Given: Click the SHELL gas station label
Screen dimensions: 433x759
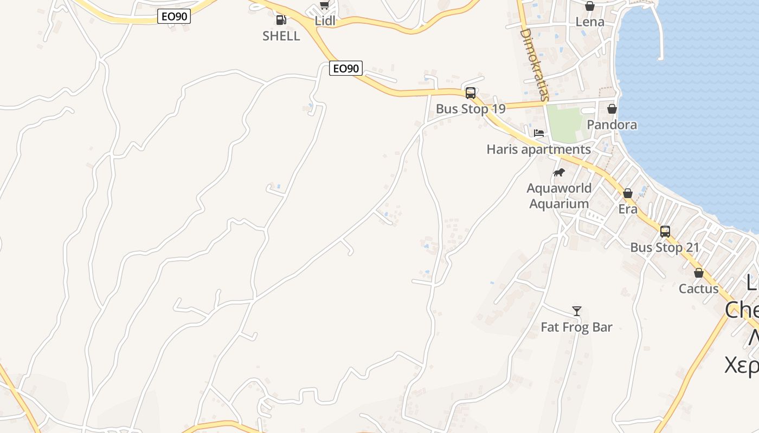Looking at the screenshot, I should pos(281,36).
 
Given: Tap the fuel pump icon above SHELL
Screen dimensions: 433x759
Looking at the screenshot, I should pos(281,20).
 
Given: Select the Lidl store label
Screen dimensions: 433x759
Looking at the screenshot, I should pos(325,21).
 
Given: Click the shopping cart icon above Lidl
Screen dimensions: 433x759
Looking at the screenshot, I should pos(324,5).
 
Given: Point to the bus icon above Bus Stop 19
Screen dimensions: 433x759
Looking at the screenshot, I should pos(471,93).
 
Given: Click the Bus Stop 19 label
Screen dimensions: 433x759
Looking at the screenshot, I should pos(471,109).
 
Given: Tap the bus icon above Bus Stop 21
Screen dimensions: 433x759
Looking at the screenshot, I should pos(665,232).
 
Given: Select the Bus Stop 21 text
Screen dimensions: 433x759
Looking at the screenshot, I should pos(665,248).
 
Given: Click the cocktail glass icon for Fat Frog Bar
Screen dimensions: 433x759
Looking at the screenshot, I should pos(577,311).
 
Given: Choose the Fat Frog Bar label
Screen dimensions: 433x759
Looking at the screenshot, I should pos(577,327).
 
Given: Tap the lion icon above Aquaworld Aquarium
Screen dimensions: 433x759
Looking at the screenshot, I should pos(559,173).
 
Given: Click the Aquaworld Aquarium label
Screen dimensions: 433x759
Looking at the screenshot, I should pos(559,196).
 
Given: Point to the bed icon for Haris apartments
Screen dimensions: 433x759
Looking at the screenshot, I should pos(539,133).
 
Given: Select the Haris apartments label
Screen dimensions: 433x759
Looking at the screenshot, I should pos(539,149).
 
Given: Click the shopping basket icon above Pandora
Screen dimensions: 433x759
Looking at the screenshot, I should pos(612,109).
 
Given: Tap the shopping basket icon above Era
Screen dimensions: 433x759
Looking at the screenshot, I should pos(628,193).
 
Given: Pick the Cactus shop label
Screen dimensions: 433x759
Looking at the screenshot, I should pos(699,289).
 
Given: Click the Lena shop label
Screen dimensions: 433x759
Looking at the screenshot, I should pos(590,22).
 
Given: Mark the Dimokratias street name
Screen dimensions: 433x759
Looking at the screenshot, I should pos(535,64).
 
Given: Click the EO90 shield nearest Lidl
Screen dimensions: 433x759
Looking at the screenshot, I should pos(345,69).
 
